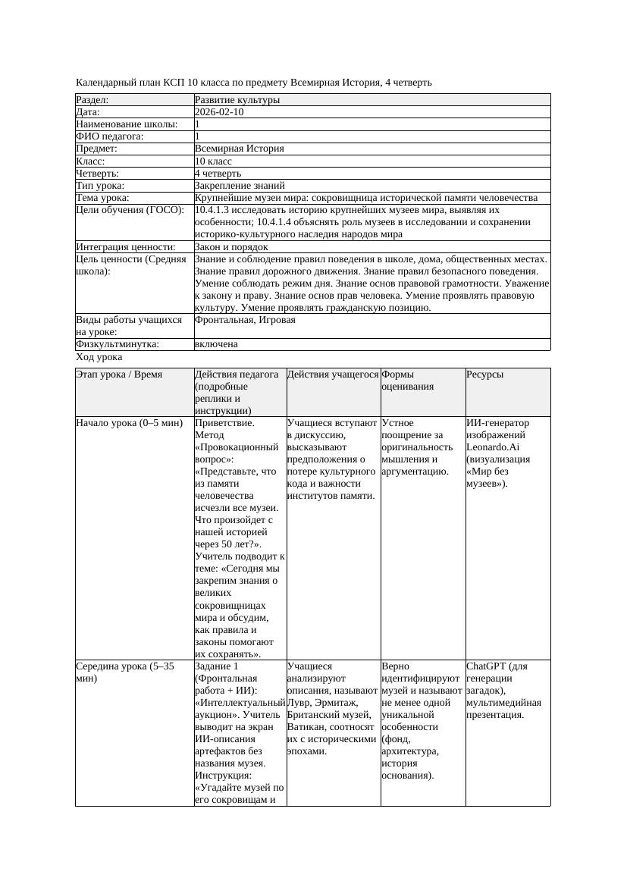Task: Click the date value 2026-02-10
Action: coord(219,112)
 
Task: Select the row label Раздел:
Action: coord(92,100)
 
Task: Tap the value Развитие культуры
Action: coord(237,100)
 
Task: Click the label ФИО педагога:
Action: coord(110,136)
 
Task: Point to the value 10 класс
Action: coord(213,161)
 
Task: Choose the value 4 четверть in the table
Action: coord(217,174)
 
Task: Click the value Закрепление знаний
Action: coord(240,186)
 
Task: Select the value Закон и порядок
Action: coord(231,247)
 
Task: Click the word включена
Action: coord(216,344)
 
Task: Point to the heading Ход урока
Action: coord(99,357)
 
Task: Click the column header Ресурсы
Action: coord(485,375)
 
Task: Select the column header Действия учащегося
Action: coord(333,375)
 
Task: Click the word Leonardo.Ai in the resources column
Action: coord(493,447)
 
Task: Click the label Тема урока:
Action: coord(103,198)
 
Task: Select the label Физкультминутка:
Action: coord(118,344)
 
